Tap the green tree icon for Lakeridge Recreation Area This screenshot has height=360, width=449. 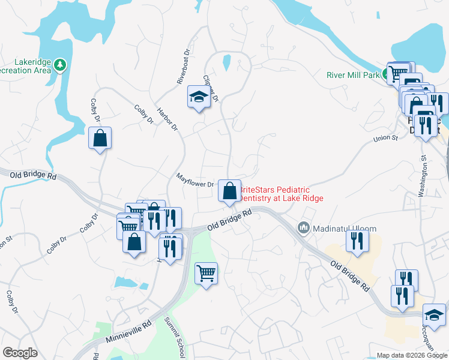(x=59, y=64)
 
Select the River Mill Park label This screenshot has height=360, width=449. (x=353, y=75)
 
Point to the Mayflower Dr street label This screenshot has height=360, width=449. (x=194, y=180)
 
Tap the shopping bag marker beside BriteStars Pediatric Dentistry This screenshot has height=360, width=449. (x=229, y=191)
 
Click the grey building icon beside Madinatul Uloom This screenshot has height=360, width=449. (x=303, y=227)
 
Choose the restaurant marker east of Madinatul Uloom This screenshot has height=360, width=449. (x=357, y=241)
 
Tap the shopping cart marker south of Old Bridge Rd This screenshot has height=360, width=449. (x=206, y=274)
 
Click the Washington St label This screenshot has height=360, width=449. (x=423, y=176)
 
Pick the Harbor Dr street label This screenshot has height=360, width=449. (x=167, y=119)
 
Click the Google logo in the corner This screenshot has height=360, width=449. (x=20, y=353)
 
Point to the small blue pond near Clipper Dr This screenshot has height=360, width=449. (x=226, y=62)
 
